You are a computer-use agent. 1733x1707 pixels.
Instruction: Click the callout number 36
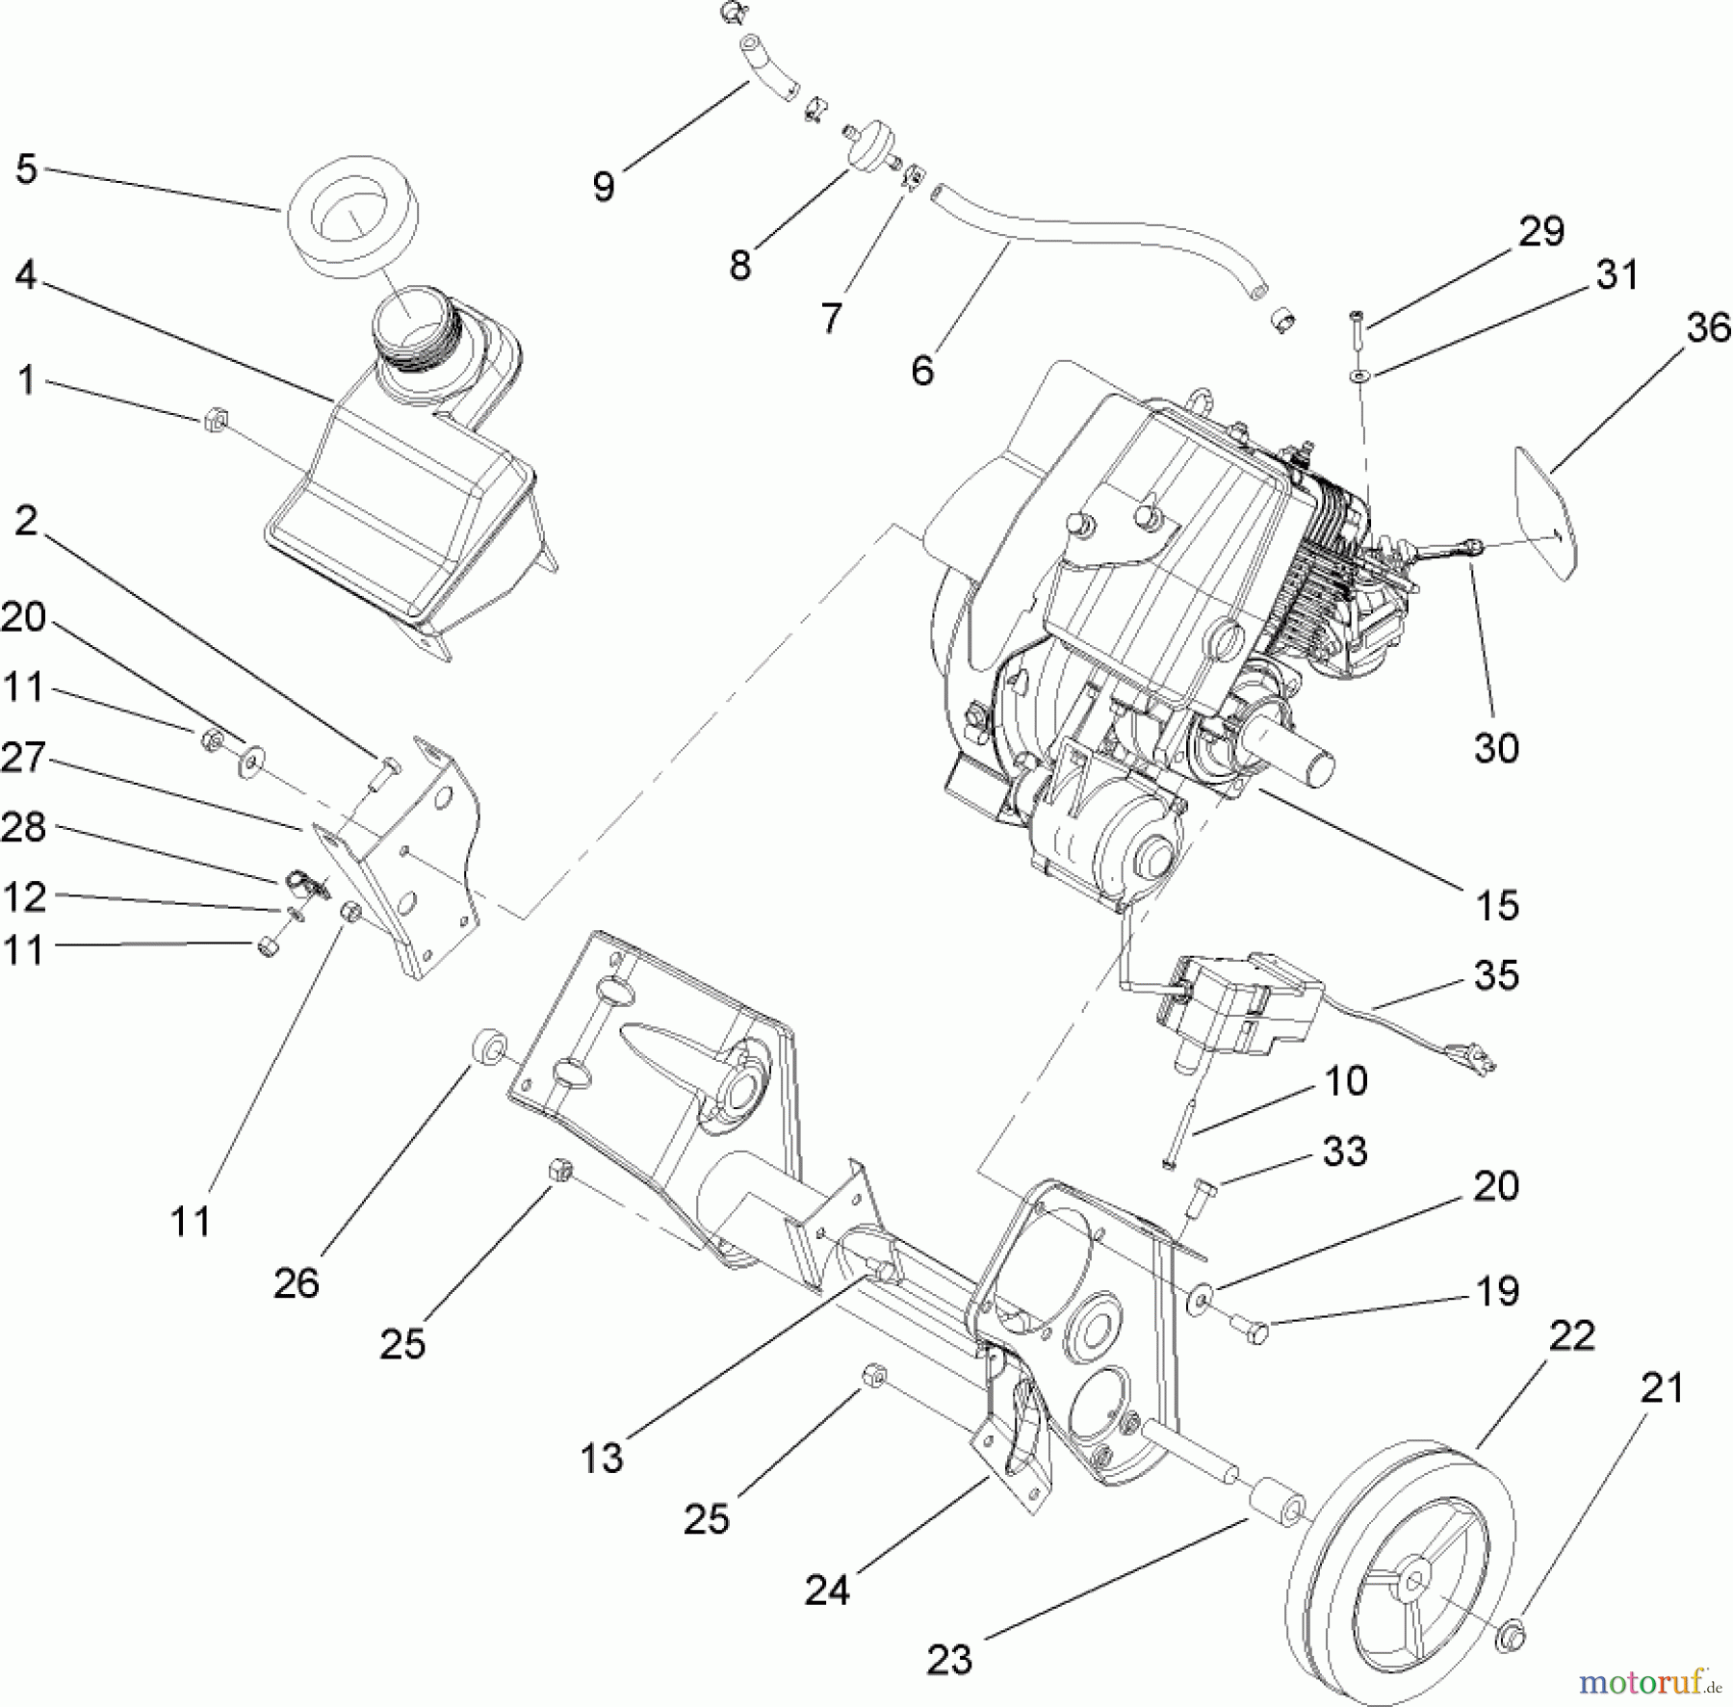click(1708, 327)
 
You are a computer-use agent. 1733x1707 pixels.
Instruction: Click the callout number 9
click(604, 186)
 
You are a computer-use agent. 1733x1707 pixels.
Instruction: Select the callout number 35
click(1496, 974)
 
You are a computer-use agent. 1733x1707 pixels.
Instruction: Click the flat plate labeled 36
click(1548, 510)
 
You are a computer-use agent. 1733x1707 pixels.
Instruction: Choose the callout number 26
click(296, 1282)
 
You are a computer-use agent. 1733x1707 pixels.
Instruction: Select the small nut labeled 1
click(216, 420)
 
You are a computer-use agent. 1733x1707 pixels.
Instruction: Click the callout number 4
click(26, 275)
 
